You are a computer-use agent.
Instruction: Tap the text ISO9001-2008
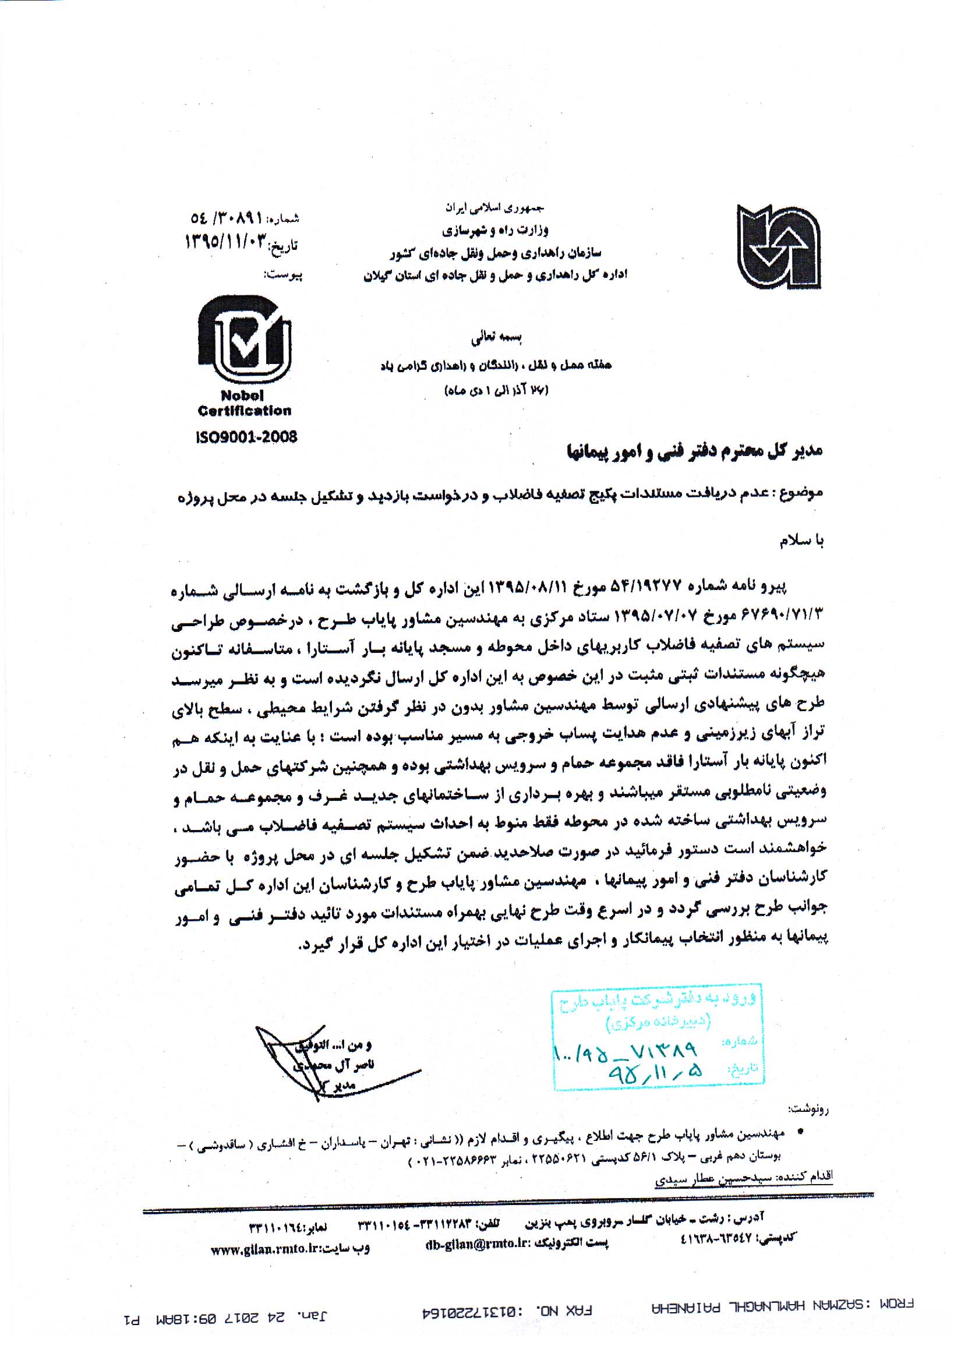click(x=246, y=437)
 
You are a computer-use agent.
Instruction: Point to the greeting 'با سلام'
click(x=801, y=542)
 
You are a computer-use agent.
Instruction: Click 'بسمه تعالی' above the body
click(x=496, y=338)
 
